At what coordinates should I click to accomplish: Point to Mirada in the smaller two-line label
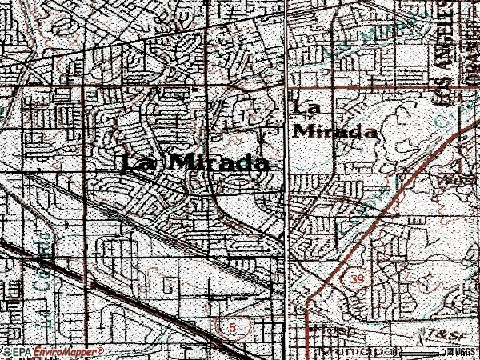click(335, 131)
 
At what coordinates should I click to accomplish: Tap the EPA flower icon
click(7, 352)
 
